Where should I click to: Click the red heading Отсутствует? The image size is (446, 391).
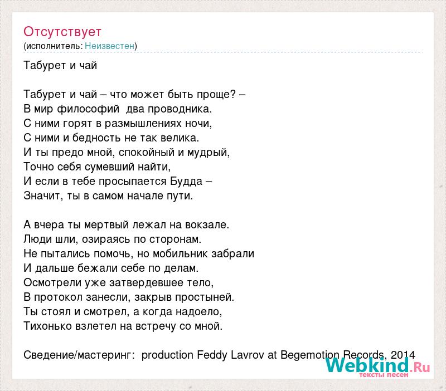coord(62,32)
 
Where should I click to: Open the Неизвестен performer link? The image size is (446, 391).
coord(109,46)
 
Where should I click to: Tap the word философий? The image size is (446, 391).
coord(88,109)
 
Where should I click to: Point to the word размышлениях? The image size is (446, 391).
coord(143,124)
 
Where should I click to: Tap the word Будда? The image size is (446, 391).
coord(186,181)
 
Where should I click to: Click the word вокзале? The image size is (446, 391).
coord(207,225)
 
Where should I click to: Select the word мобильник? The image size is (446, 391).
coord(181,253)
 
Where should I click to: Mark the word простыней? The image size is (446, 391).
coord(204,297)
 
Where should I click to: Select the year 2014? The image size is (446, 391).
coord(403,355)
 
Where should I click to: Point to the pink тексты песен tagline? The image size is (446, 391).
coord(384,375)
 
